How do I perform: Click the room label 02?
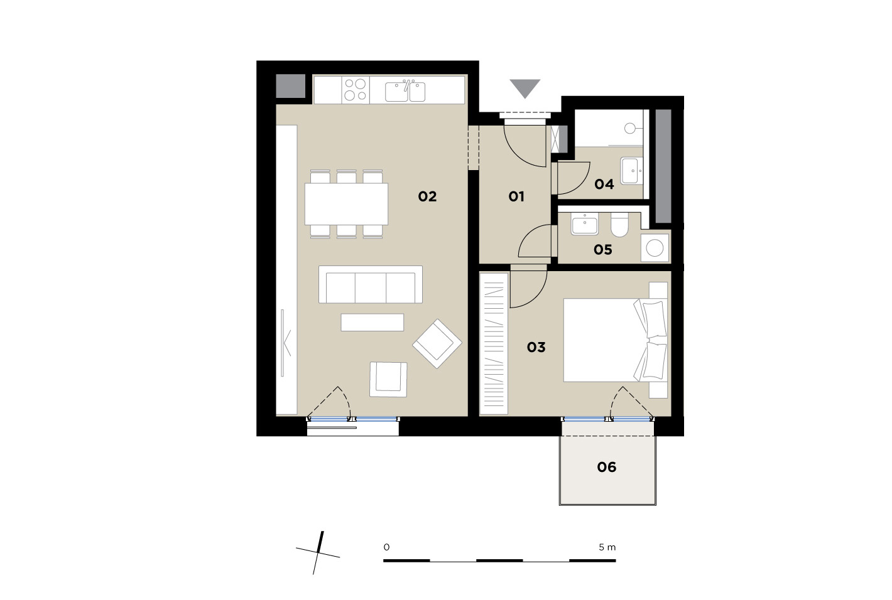point(427,196)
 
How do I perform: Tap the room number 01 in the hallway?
point(516,196)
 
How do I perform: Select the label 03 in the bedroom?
point(536,347)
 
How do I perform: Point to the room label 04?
point(604,184)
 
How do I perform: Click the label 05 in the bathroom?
point(603,249)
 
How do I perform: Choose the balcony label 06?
point(606,467)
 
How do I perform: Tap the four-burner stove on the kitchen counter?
point(356,90)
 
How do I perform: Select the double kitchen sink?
point(405,91)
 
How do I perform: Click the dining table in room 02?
point(347,204)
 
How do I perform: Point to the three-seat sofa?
point(371,284)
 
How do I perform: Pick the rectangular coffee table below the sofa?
point(373,323)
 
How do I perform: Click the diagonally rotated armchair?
point(437,344)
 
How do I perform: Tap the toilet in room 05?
point(619,225)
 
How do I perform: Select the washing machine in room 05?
point(655,248)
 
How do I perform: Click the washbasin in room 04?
point(632,171)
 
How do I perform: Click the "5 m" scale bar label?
point(607,547)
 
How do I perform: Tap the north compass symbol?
point(318,553)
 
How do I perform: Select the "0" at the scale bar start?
point(386,547)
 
